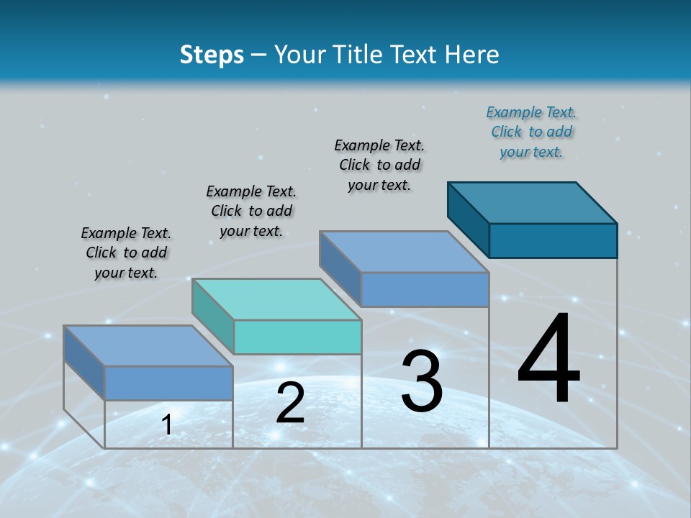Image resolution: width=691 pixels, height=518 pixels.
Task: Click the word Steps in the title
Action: pos(212,55)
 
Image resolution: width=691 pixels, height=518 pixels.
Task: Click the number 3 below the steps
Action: pos(422,381)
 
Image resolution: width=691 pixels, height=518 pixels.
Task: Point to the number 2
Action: pos(290,403)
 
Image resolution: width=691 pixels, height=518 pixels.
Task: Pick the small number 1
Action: pos(167,424)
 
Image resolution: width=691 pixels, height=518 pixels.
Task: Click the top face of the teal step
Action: pos(276,299)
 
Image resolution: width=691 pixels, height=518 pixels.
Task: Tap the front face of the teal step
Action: pos(297,337)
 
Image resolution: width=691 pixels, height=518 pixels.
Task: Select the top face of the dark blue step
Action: pos(533,202)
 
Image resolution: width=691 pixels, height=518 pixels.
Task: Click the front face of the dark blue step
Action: pos(553,240)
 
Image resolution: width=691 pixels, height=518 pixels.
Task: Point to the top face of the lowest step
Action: pos(148,345)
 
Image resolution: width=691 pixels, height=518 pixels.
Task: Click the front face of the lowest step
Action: pos(168,383)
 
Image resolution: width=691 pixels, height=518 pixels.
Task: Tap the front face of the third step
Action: pos(425,289)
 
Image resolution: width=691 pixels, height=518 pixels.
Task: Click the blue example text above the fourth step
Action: pos(531,132)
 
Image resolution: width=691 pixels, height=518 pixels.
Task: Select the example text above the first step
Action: pos(126,253)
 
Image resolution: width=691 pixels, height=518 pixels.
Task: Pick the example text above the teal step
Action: pos(251,211)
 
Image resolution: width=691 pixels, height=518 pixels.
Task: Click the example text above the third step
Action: pos(379,165)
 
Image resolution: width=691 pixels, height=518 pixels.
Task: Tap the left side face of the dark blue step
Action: pos(469,219)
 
